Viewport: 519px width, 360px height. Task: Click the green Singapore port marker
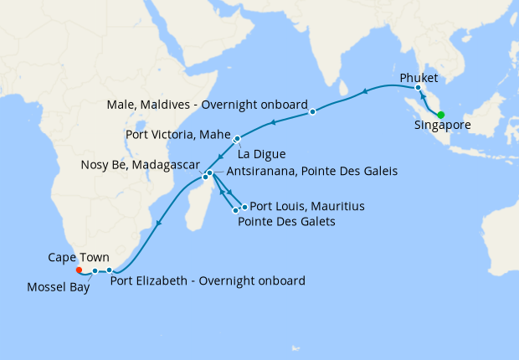tap(441, 116)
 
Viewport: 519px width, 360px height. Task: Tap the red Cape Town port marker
tap(79, 270)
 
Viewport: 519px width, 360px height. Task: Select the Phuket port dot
tap(418, 88)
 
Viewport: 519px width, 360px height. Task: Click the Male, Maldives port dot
tap(312, 111)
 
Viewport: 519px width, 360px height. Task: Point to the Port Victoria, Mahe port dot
tap(238, 139)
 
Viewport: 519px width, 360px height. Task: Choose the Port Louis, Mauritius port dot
tap(244, 206)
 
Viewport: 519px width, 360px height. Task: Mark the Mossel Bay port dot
tap(95, 271)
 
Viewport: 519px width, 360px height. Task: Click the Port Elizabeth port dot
tap(110, 270)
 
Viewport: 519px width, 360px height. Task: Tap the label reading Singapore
tap(442, 126)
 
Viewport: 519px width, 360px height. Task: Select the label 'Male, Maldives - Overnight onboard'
tap(206, 105)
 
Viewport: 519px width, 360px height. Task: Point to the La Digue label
tap(263, 154)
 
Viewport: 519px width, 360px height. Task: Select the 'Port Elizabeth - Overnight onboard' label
tap(208, 280)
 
